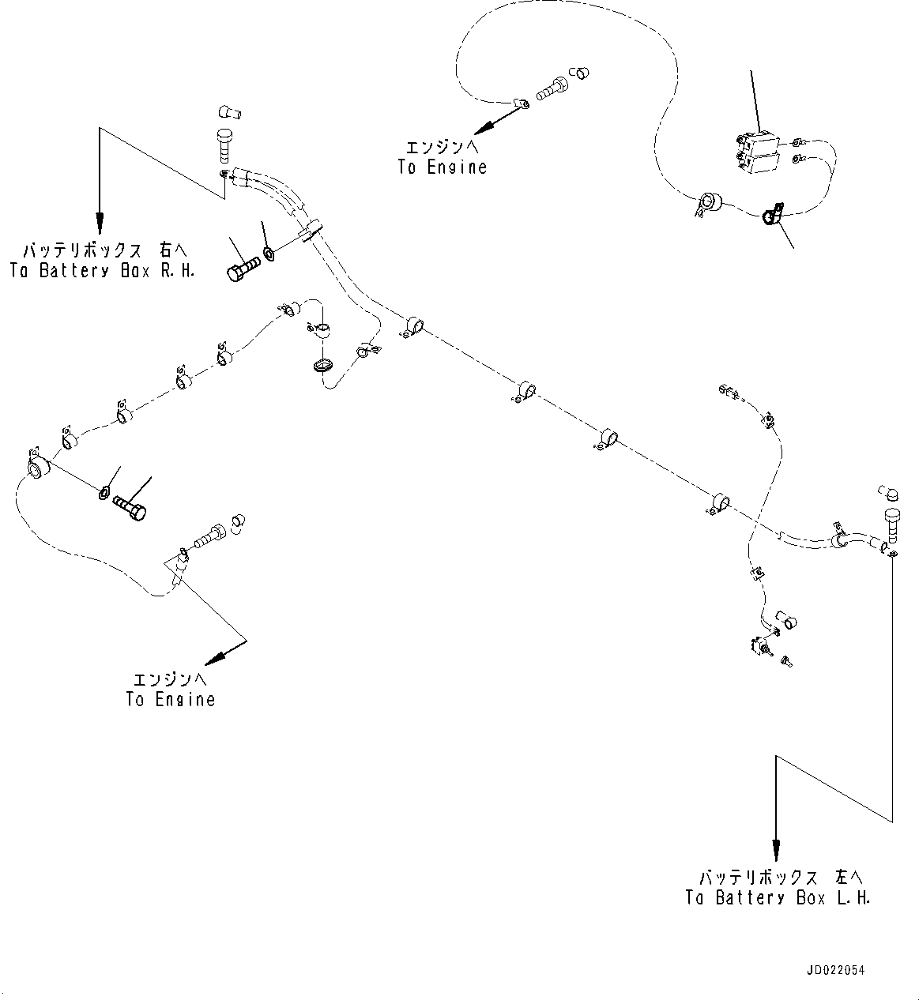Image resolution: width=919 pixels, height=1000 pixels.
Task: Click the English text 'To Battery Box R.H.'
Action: tap(102, 271)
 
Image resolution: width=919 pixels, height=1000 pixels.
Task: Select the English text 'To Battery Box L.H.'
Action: tap(778, 898)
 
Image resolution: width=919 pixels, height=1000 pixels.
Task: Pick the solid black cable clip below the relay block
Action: tap(772, 214)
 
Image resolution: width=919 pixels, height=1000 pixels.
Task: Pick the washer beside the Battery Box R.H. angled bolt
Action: tap(269, 254)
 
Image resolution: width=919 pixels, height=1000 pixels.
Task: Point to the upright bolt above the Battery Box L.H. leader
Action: tap(889, 524)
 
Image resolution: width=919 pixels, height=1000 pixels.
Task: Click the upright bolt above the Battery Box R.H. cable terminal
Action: tap(223, 146)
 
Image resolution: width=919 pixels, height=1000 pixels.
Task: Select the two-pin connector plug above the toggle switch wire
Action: tap(728, 389)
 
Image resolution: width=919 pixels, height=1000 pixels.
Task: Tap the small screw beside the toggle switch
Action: tap(787, 660)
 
